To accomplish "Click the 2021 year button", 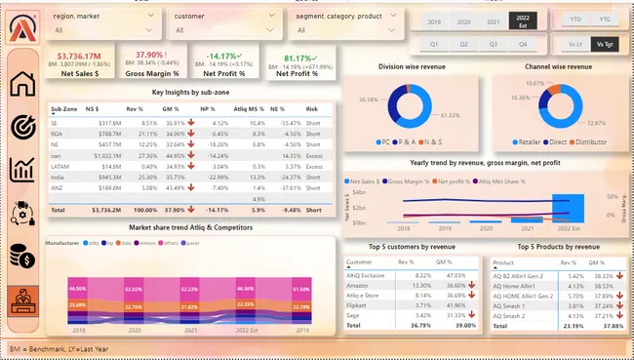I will [494, 20].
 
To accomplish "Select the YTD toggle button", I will [576, 20].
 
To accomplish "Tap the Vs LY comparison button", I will [576, 44].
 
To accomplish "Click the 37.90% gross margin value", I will [150, 55].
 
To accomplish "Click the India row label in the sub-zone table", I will [58, 178].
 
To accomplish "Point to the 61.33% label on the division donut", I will [450, 115].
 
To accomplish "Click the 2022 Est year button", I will [523, 20].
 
